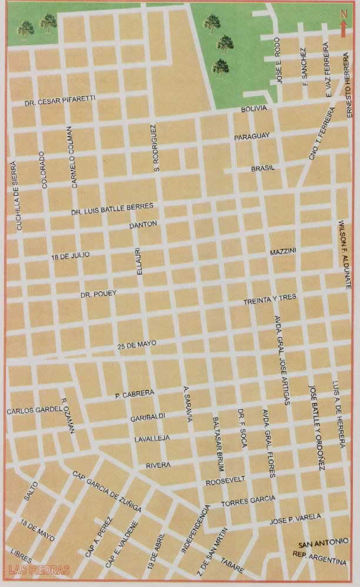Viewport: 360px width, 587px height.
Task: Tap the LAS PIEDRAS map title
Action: (39, 569)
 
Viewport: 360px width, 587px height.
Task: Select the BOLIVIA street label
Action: (255, 109)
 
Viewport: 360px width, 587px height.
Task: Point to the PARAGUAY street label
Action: (252, 136)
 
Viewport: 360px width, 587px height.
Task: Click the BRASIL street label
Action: (263, 168)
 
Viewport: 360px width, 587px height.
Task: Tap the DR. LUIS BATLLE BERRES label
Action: (112, 208)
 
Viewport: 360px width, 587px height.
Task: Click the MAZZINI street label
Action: (283, 252)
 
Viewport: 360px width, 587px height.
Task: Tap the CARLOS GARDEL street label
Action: (34, 410)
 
